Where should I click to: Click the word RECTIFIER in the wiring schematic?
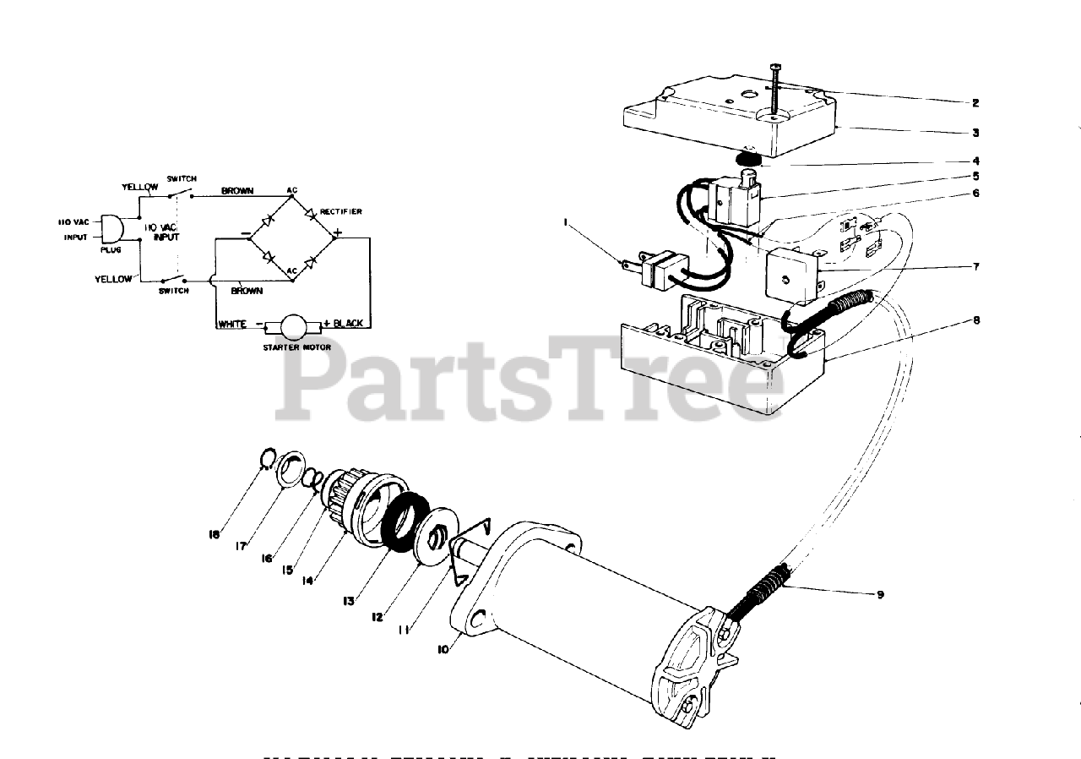tap(340, 211)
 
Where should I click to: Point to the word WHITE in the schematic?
tap(231, 324)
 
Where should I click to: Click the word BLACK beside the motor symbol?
tap(348, 324)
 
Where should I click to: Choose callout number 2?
tap(975, 103)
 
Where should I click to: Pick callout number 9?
tap(880, 594)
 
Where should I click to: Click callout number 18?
tap(215, 534)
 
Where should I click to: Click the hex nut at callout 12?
tap(438, 538)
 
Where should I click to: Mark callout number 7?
tap(975, 266)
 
